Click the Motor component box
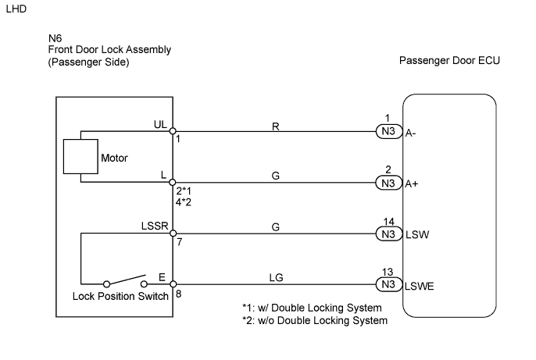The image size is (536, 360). coord(78,157)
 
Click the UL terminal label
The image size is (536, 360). coord(160,124)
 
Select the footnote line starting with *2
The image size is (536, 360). coord(315,320)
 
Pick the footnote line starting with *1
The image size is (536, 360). coord(312,308)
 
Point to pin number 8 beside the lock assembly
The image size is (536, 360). coord(179,295)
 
